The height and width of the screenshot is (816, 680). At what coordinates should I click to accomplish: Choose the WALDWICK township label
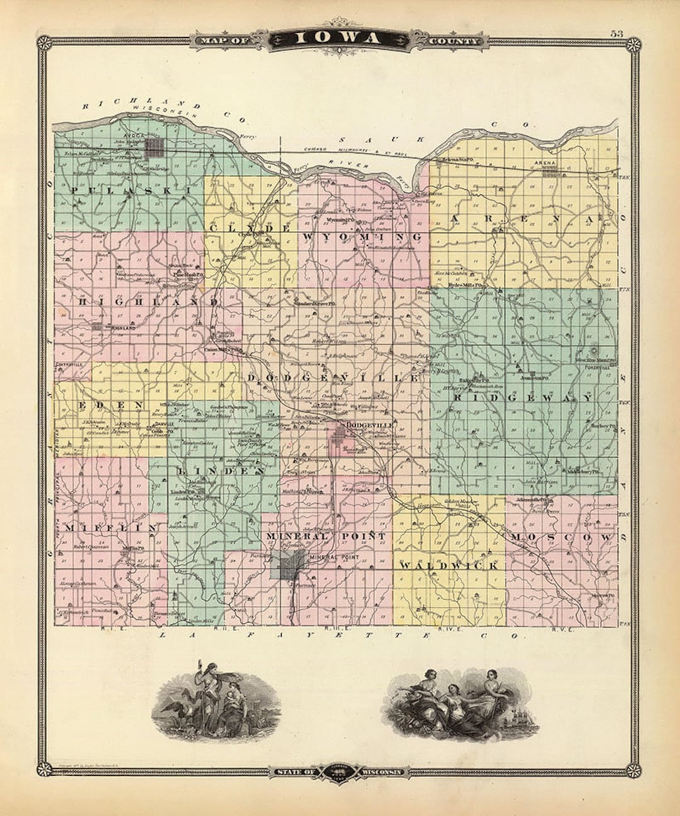pyautogui.click(x=449, y=565)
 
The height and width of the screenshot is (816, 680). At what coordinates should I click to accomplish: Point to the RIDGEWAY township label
pyautogui.click(x=523, y=398)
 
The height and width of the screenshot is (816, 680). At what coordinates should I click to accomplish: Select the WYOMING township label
pyautogui.click(x=362, y=236)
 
